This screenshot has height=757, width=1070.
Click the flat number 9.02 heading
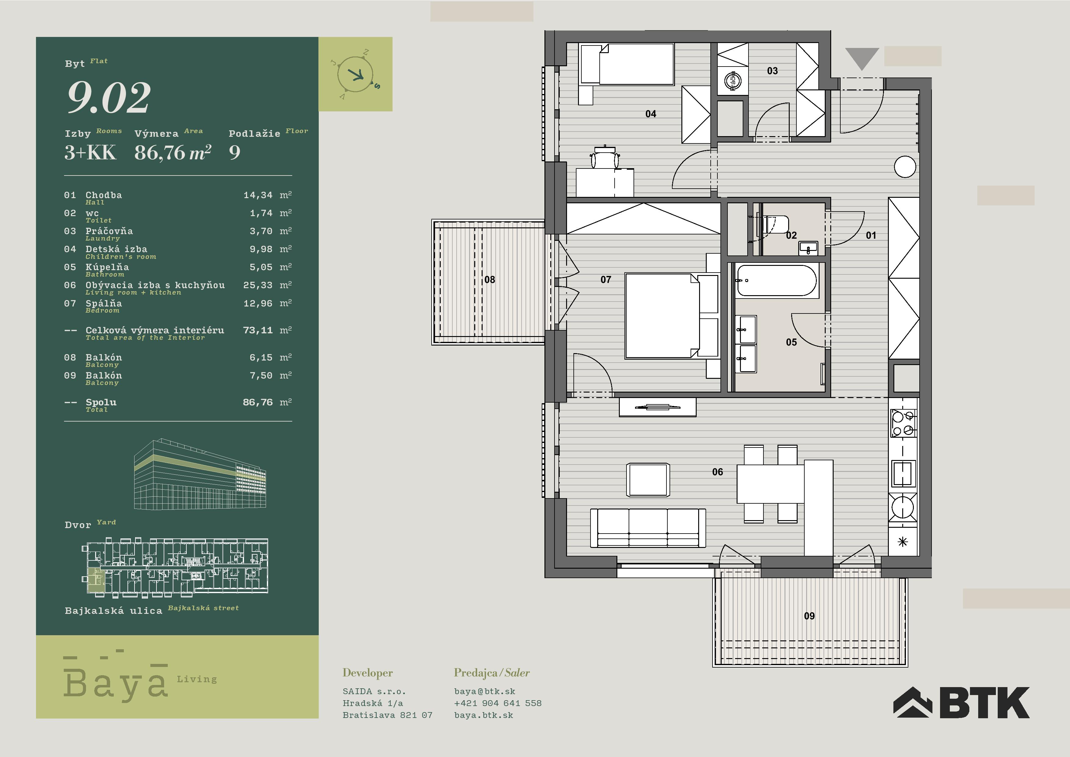click(x=109, y=97)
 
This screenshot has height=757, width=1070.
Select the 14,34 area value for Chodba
click(x=258, y=195)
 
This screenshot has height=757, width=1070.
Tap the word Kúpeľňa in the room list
click(x=107, y=267)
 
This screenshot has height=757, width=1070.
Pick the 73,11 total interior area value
click(x=258, y=330)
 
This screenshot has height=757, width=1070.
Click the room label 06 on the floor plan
click(x=717, y=472)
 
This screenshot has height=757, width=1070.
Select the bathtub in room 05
click(x=776, y=281)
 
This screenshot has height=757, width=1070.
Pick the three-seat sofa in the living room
click(x=648, y=527)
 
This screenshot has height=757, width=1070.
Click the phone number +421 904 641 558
click(x=498, y=703)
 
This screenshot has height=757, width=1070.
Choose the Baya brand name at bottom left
click(x=116, y=682)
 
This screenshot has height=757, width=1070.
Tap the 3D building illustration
click(x=200, y=474)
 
